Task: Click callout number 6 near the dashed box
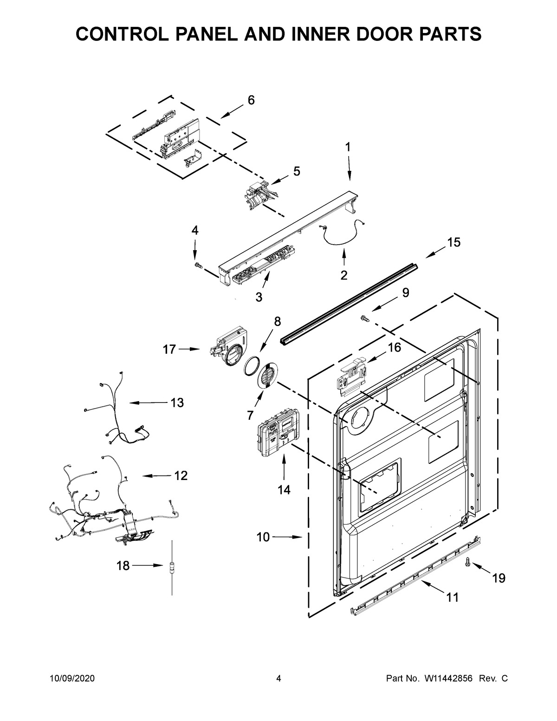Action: pos(251,100)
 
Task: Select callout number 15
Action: pos(453,242)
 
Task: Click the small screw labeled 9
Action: pos(364,318)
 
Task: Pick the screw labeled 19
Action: pos(468,563)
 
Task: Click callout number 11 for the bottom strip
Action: pos(452,597)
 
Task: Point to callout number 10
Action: pos(263,537)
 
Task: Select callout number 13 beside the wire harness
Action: pos(177,403)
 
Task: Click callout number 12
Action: pos(181,475)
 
